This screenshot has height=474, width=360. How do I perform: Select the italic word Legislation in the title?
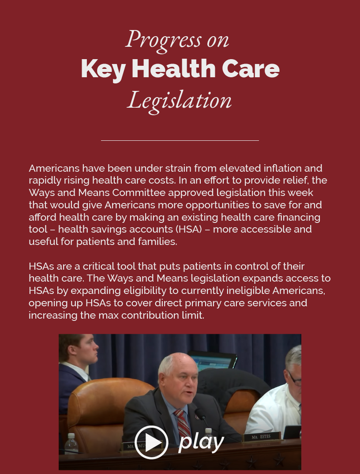tap(180, 100)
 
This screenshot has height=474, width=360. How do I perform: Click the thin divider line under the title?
tap(180, 140)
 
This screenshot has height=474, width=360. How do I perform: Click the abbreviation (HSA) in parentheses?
tap(185, 229)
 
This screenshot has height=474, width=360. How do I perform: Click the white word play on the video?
tap(201, 441)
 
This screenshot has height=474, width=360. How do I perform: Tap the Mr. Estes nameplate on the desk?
tap(261, 437)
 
